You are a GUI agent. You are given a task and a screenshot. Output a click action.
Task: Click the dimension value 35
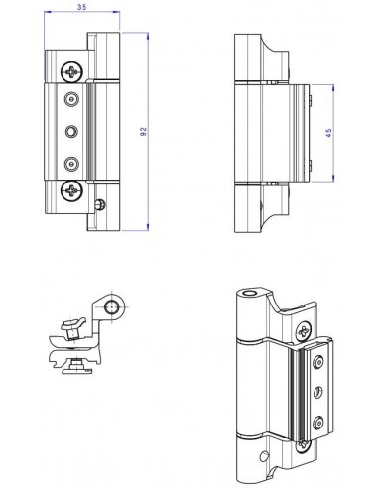click(x=82, y=7)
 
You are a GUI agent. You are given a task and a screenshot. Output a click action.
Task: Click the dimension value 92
click(x=143, y=132)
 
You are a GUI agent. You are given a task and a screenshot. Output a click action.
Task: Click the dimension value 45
click(x=328, y=133)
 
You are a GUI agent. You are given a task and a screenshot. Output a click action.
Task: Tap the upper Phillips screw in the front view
click(x=71, y=71)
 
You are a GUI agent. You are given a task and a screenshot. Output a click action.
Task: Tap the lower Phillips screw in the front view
click(x=71, y=190)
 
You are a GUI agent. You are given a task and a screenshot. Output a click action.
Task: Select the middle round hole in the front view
click(x=71, y=132)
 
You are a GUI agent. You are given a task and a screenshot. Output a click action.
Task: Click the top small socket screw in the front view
click(x=71, y=99)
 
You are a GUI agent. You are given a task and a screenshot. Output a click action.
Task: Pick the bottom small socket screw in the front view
click(x=71, y=164)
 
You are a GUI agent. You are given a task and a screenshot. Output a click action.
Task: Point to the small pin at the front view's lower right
click(x=100, y=205)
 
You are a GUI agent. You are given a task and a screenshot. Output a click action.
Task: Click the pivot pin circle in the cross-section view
click(x=111, y=307)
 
